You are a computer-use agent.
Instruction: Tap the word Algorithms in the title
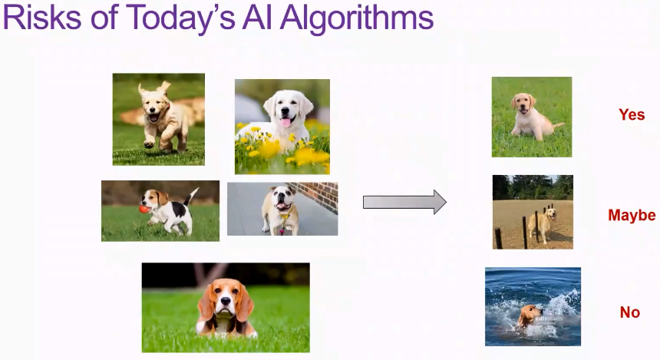[358, 19]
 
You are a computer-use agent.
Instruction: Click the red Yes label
[632, 114]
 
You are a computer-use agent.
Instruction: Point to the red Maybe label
[632, 215]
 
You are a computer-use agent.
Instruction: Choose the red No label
[630, 312]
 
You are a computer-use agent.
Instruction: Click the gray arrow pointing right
[404, 202]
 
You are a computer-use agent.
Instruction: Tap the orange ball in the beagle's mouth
[144, 209]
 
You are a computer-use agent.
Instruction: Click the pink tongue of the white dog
[285, 123]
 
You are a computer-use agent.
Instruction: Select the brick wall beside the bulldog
[318, 196]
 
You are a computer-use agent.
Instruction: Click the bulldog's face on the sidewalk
[281, 198]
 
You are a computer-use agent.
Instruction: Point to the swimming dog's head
[529, 314]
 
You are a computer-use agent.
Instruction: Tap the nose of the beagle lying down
[226, 302]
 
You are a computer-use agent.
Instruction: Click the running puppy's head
[155, 103]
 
